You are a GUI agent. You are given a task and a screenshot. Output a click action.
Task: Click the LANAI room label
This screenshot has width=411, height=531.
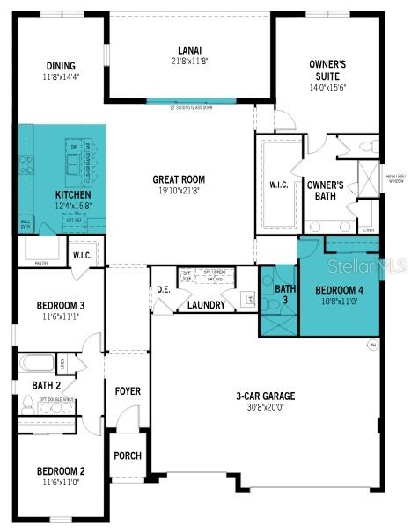coord(189,49)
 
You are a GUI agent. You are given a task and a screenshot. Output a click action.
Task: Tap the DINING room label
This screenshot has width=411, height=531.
coord(61,66)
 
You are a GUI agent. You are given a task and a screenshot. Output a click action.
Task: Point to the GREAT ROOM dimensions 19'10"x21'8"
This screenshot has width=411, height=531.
coord(179,190)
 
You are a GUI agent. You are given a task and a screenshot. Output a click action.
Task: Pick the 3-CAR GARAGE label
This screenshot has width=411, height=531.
coord(265,396)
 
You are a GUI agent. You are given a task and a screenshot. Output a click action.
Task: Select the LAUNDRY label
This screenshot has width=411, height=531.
coord(206,306)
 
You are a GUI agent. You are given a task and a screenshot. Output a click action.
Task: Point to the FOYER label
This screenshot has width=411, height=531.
coord(128,390)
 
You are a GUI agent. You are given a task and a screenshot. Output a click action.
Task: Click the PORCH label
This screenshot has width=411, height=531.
coord(127,455)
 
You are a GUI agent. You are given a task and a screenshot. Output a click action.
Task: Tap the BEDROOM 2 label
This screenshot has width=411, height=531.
coord(61,471)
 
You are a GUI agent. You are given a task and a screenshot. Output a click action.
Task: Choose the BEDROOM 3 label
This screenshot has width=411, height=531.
coord(61,306)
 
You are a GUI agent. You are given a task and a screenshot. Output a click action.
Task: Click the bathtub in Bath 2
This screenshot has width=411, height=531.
coord(37,362)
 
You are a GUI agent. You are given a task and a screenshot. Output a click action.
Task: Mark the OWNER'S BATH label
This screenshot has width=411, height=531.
coord(324,191)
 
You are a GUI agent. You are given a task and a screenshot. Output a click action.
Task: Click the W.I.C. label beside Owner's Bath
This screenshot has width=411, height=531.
coord(279,185)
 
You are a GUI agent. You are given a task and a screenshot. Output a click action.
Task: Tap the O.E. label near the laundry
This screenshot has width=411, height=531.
coord(163,290)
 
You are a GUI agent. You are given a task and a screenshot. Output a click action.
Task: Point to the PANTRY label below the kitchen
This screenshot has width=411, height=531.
coord(41,262)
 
